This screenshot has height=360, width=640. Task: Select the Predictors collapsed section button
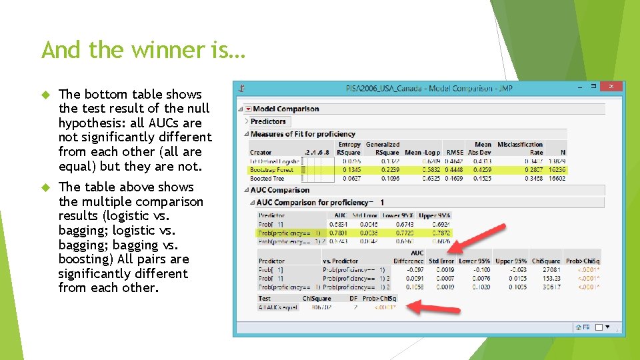click(x=268, y=121)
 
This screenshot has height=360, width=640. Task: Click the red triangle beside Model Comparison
click(x=248, y=109)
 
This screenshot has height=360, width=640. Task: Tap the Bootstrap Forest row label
click(x=271, y=170)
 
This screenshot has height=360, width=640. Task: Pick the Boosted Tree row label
click(x=267, y=178)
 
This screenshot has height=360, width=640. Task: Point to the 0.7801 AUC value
click(x=338, y=233)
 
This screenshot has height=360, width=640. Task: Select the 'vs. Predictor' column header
click(x=341, y=261)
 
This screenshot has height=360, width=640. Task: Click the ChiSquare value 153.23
click(x=551, y=278)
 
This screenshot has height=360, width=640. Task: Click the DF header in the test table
click(x=353, y=299)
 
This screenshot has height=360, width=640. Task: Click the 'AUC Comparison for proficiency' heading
click(x=313, y=202)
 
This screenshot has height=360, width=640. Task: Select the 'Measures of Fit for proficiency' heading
click(x=303, y=134)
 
